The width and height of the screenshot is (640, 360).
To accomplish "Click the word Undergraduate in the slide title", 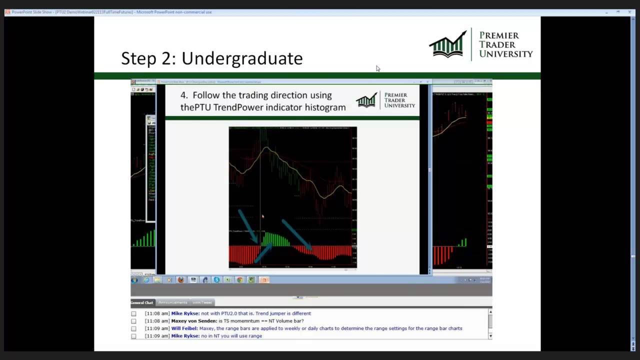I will tap(242, 58).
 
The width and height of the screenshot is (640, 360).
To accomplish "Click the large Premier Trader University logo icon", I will tap(448, 44).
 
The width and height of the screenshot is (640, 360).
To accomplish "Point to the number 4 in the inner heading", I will tap(183, 95).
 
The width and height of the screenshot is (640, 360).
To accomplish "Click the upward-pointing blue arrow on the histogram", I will tap(263, 252).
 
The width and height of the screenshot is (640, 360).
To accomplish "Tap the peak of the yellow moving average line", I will tap(267, 148).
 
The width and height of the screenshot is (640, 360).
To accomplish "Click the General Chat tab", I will tap(142, 302).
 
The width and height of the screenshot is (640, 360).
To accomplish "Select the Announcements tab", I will tap(172, 302).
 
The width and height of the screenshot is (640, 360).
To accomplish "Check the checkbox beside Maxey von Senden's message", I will tap(133, 321).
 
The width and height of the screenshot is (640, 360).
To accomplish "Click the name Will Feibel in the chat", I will tap(184, 328).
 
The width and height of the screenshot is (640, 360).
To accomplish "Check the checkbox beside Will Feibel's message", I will tap(133, 328).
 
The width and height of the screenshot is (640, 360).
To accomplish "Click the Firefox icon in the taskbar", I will tap(181, 280).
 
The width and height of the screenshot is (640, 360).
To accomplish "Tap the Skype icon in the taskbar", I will tap(216, 280).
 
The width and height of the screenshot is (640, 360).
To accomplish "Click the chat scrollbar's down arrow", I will tap(489, 336).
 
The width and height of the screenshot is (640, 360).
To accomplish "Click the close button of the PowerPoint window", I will tap(629, 12).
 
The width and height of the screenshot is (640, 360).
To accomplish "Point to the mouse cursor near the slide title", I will tap(377, 68).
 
